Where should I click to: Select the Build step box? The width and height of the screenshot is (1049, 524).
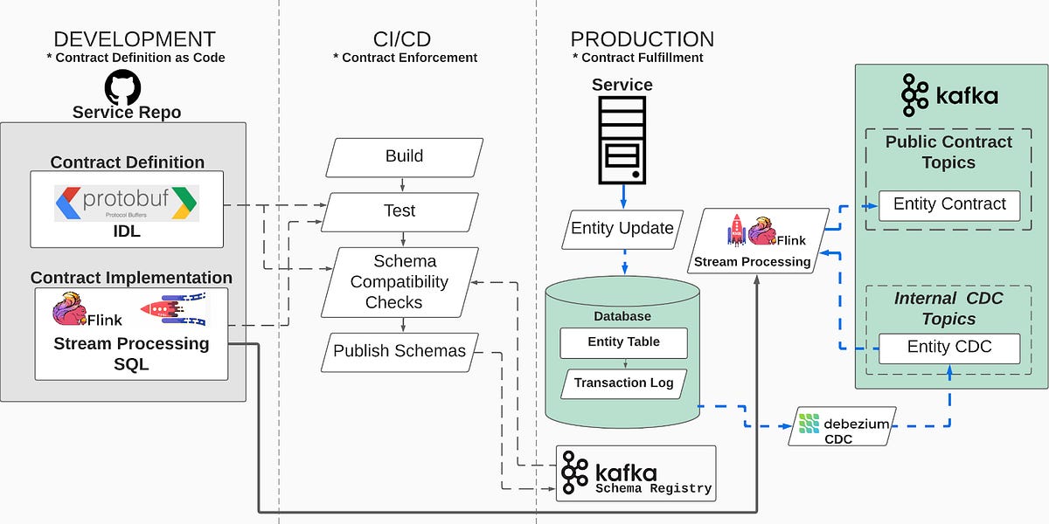tap(404, 157)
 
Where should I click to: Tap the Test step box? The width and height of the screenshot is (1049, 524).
tap(400, 211)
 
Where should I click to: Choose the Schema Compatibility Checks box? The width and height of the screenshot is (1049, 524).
tap(399, 282)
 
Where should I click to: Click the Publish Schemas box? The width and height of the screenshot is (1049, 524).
tap(399, 351)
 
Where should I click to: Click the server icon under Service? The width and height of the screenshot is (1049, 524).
tap(622, 140)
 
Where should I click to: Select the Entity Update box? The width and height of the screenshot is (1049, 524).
tap(622, 229)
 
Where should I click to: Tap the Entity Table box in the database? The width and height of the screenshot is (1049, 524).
tap(623, 342)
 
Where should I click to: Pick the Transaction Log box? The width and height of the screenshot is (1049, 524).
tap(623, 383)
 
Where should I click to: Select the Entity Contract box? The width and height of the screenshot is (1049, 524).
tap(949, 205)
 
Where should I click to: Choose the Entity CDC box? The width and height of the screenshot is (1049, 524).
tap(949, 348)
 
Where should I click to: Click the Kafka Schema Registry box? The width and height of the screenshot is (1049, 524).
tap(636, 472)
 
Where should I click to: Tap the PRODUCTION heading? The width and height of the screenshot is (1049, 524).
tap(643, 39)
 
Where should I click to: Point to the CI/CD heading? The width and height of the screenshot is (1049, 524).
tap(402, 39)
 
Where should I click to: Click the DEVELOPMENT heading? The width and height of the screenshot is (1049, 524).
tap(135, 39)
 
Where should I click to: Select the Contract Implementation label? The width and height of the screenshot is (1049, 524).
tap(131, 278)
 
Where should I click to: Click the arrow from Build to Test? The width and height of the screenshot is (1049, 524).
tap(402, 184)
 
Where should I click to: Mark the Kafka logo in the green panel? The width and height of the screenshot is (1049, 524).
tap(949, 95)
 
